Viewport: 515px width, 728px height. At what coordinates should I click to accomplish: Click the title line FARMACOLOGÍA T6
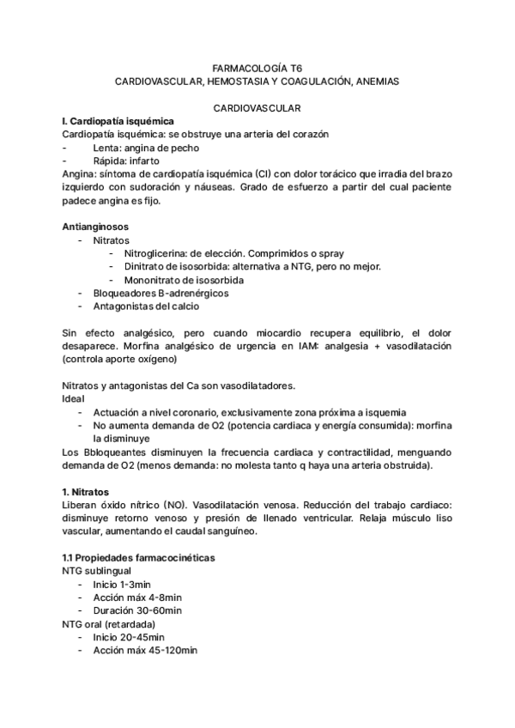257,66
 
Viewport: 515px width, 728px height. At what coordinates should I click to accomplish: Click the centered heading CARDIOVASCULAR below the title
257,109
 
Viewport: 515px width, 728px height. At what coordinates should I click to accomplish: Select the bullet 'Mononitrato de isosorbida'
184,280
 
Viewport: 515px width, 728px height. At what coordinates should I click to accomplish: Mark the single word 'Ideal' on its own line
75,398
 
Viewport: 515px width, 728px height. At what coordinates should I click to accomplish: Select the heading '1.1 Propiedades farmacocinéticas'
139,558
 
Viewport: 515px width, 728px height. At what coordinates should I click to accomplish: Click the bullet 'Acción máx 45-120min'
146,651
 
